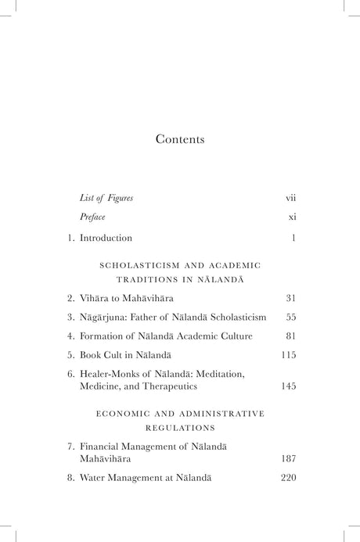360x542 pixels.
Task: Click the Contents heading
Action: [179, 140]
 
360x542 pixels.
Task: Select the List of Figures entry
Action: [106, 198]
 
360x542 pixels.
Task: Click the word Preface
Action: [92, 217]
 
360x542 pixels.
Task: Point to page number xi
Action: [291, 217]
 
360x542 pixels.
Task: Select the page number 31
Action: [289, 299]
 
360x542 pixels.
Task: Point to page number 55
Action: [289, 317]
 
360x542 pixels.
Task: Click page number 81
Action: [289, 336]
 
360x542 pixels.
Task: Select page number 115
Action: [287, 355]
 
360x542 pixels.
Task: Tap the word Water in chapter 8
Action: [93, 477]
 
